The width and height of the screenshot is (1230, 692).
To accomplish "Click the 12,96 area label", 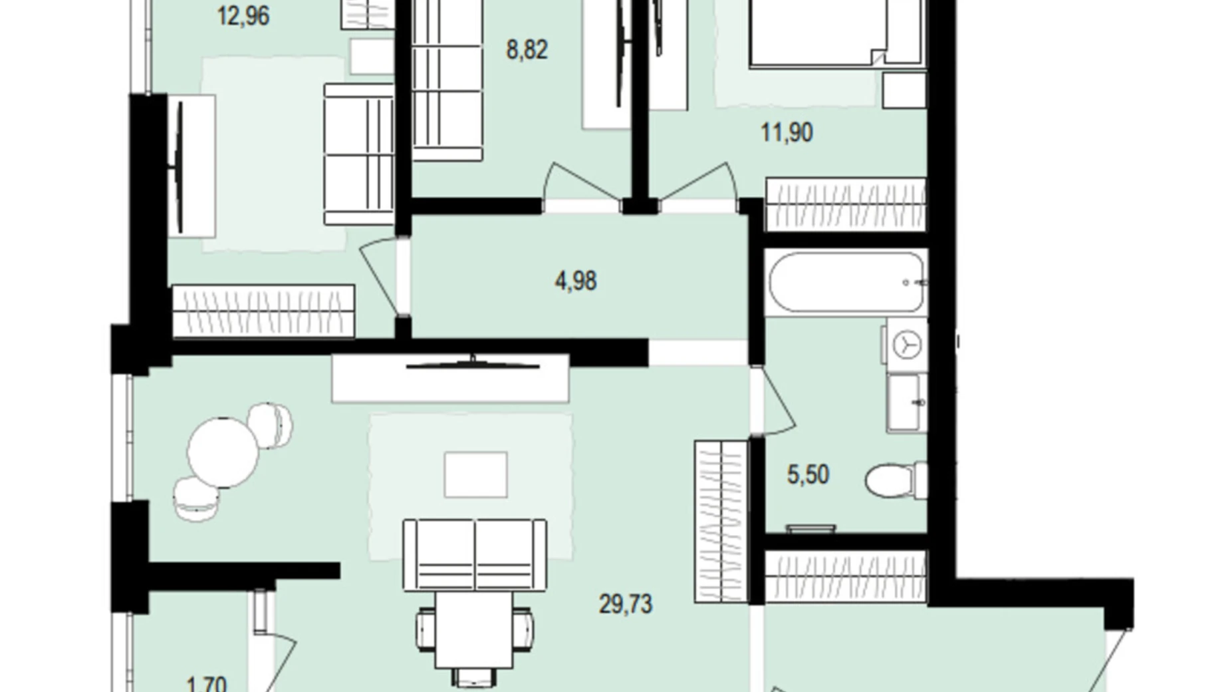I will coord(243,16).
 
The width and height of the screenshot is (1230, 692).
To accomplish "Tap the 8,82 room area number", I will coord(527,50).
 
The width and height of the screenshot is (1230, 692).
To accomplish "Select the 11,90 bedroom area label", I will coord(787,132).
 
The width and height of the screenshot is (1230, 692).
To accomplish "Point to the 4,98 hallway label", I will coord(576,281).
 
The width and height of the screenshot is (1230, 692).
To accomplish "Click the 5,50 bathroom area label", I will coord(808,475).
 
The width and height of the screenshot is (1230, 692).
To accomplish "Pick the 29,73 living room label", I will coord(626,604).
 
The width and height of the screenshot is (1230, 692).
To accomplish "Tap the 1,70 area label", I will coord(207,683).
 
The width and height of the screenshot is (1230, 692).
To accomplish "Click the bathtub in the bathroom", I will coord(846,283).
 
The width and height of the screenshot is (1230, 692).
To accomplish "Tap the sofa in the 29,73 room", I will coord(475,554).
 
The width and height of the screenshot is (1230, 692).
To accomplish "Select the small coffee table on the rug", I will coord(475,474).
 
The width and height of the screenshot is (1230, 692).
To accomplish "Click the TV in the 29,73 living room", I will coord(472,365).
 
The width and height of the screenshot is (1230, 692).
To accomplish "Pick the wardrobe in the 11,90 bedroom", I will coord(846,203).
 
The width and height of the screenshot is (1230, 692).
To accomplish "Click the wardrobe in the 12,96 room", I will coord(263,311).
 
